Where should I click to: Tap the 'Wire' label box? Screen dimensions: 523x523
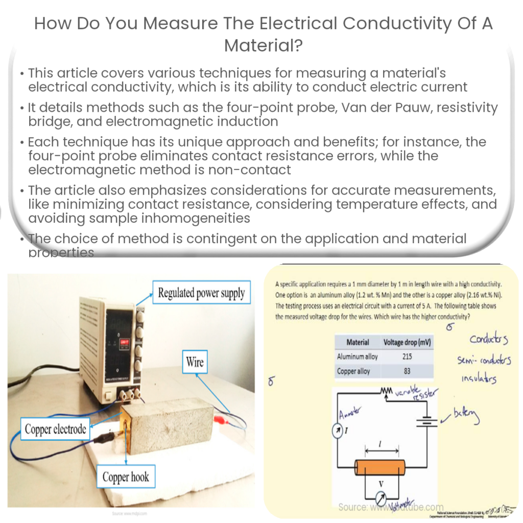click(194, 363)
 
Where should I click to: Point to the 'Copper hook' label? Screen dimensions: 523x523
click(126, 478)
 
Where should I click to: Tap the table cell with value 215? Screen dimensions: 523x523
click(407, 357)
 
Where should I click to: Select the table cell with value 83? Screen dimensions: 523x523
click(407, 371)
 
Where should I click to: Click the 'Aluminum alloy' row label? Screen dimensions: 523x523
click(357, 357)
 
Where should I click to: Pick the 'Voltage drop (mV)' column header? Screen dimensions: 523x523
click(407, 342)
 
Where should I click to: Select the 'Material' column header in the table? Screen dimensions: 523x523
click(358, 342)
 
